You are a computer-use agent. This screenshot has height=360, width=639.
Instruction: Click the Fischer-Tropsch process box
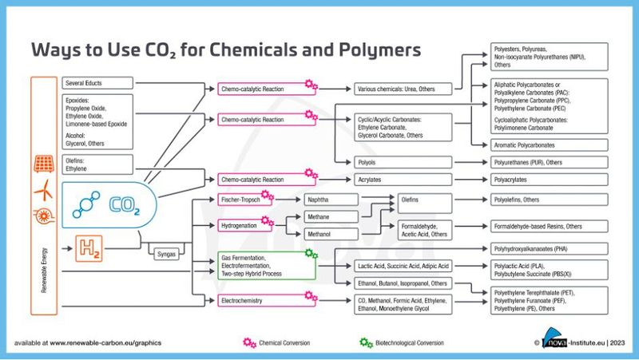244,199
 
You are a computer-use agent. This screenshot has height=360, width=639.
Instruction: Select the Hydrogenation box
244,226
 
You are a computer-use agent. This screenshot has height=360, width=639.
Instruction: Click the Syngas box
166,254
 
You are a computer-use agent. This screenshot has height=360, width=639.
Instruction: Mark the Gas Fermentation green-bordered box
264,265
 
